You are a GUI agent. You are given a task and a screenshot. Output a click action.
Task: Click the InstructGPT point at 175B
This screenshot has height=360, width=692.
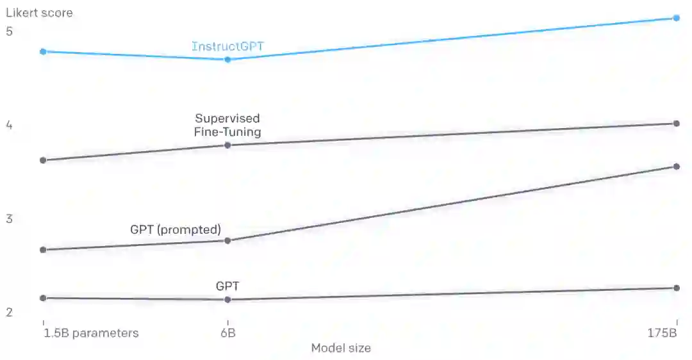click(677, 18)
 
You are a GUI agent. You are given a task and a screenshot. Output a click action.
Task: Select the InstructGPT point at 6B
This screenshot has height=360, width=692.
click(227, 60)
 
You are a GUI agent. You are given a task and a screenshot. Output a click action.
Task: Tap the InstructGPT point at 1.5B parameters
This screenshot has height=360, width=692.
click(43, 51)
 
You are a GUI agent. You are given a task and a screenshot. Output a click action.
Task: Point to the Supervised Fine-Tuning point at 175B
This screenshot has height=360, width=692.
click(677, 124)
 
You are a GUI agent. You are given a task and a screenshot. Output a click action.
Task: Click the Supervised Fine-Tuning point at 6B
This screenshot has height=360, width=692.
click(227, 145)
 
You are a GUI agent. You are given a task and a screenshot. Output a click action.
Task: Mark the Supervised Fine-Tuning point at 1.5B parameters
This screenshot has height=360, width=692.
click(43, 160)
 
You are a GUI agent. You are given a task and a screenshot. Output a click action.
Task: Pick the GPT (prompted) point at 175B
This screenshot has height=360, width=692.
click(677, 167)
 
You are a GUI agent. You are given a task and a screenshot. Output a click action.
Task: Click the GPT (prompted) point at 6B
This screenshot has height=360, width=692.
click(227, 241)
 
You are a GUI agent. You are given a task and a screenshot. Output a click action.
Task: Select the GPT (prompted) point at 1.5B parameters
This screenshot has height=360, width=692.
click(43, 250)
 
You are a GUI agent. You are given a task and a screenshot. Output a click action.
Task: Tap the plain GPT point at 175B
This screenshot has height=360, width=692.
click(677, 288)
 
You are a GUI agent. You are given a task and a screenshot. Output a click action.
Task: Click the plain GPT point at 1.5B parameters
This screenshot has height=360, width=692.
click(43, 298)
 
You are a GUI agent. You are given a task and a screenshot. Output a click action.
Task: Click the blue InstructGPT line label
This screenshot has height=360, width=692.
click(227, 47)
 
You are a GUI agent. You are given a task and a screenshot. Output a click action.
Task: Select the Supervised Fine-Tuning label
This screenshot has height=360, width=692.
click(227, 126)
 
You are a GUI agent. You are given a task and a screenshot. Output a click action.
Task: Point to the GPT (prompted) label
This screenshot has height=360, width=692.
click(175, 229)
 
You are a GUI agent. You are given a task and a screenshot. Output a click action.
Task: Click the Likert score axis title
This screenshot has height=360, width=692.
click(39, 13)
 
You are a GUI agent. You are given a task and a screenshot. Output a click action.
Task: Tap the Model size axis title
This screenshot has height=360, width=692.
click(341, 348)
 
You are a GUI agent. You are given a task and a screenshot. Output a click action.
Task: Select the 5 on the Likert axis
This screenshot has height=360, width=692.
click(9, 31)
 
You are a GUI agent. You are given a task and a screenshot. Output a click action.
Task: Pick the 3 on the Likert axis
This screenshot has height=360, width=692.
click(9, 219)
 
